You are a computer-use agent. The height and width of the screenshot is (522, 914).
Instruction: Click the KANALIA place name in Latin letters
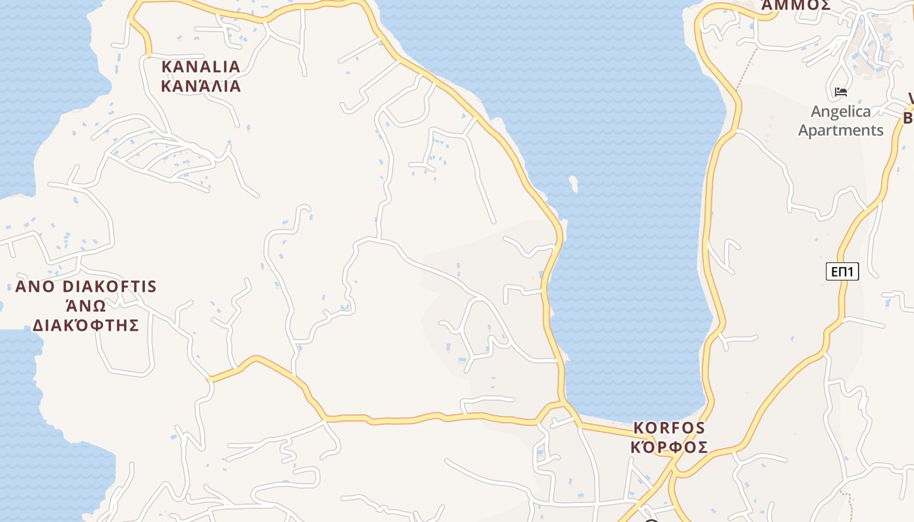[x=200, y=67]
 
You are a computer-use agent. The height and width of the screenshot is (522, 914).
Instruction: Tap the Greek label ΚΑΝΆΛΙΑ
[x=200, y=86]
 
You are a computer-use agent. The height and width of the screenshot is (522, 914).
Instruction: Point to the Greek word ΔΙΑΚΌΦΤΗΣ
[x=86, y=325]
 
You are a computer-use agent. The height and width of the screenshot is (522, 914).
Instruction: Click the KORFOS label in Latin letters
[x=669, y=428]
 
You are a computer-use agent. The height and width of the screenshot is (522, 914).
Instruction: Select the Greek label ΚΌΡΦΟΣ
[x=669, y=447]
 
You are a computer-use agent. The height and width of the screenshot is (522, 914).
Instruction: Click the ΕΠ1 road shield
[x=842, y=271]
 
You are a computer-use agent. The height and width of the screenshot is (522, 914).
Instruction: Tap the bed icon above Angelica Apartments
[x=841, y=92]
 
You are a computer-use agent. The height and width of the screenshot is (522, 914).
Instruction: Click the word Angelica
[x=841, y=112]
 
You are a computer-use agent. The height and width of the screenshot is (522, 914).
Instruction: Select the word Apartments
[x=841, y=130]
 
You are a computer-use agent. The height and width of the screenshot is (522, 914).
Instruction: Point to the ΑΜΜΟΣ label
[x=796, y=5]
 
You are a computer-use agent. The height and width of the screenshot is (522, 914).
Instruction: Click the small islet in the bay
[x=573, y=184]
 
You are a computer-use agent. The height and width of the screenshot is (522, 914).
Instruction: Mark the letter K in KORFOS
[x=639, y=428]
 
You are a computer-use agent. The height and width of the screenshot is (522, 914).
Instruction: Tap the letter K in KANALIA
[x=166, y=67]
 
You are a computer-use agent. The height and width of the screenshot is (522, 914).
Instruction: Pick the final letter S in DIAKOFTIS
[x=152, y=286]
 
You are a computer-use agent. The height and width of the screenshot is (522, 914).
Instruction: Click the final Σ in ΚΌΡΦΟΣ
[x=702, y=447]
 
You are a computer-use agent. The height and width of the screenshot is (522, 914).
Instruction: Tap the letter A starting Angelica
[x=817, y=112]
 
